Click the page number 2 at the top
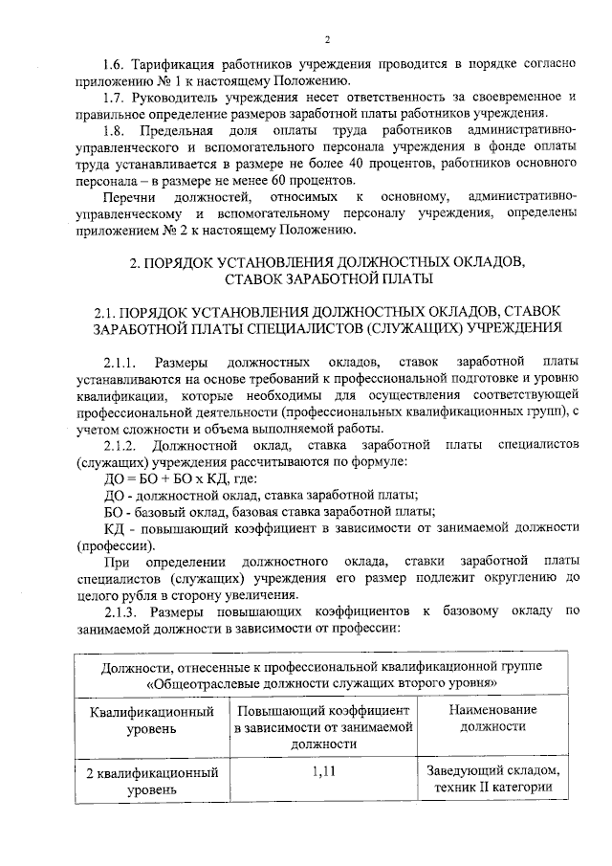pos(326,39)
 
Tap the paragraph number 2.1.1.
pos(120,363)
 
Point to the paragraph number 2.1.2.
pos(120,445)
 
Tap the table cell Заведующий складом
pos(492,771)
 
